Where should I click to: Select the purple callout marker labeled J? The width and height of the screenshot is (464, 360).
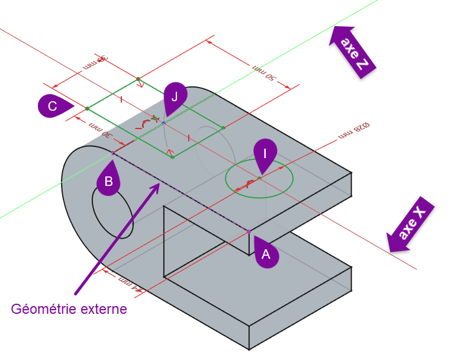(175, 97)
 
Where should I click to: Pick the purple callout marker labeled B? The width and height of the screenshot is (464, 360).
(108, 181)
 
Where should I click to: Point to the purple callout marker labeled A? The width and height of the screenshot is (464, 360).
(266, 255)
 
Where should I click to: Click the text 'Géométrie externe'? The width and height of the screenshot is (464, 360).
(69, 309)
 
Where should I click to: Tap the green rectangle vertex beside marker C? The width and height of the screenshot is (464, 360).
(88, 108)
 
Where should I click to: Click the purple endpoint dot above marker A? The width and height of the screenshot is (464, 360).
(249, 231)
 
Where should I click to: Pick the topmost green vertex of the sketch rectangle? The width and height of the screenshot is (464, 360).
(138, 78)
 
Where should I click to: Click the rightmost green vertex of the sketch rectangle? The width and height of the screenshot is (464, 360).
(223, 127)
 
